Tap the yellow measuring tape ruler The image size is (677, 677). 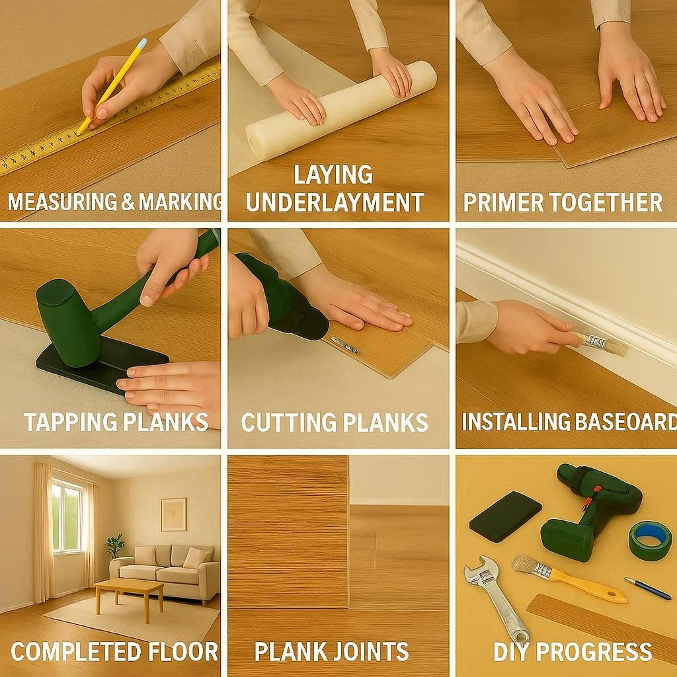(x=40, y=149)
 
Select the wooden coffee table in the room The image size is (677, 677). (x=129, y=591)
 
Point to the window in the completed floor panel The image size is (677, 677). (x=67, y=516)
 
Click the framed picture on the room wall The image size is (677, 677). (x=173, y=514)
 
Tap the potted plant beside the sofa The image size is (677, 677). (x=115, y=545)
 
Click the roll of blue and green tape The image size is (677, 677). (x=649, y=540)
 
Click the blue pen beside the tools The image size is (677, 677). (x=648, y=588)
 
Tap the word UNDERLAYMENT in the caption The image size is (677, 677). (x=335, y=202)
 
